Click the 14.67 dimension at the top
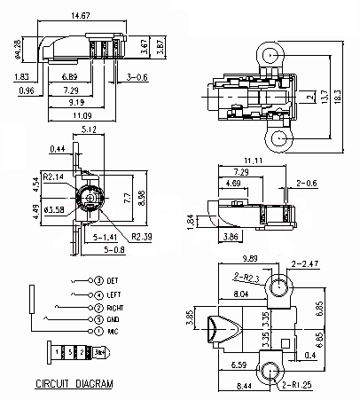click(81, 15)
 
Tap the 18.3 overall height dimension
click(338, 97)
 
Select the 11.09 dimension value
click(82, 115)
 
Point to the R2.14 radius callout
click(53, 176)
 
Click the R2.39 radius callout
click(142, 237)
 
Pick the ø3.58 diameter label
click(54, 209)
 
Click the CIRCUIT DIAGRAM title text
click(74, 384)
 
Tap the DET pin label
click(113, 280)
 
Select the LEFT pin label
click(113, 294)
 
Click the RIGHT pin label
click(115, 308)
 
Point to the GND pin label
click(113, 319)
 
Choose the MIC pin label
click(113, 332)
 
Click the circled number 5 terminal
click(98, 319)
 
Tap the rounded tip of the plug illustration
click(107, 352)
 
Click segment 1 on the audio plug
click(57, 352)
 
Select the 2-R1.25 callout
click(297, 385)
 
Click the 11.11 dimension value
click(253, 161)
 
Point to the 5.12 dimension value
click(89, 129)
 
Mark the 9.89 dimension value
click(250, 258)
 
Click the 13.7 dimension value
click(325, 97)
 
